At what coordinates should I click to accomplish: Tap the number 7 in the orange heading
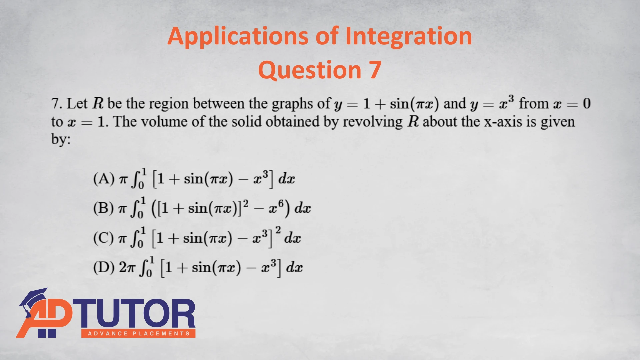[x=375, y=70]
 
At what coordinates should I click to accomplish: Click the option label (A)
[x=104, y=179]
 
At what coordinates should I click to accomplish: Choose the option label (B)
[x=104, y=208]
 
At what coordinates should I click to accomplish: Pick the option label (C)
[x=104, y=238]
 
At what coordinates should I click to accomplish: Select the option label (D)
[x=104, y=267]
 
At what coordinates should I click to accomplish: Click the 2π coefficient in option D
[x=127, y=267]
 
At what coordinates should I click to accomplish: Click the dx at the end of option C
[x=293, y=238]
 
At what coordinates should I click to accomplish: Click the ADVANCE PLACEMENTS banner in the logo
[x=138, y=334]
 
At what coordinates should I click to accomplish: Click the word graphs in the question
[x=292, y=104]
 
